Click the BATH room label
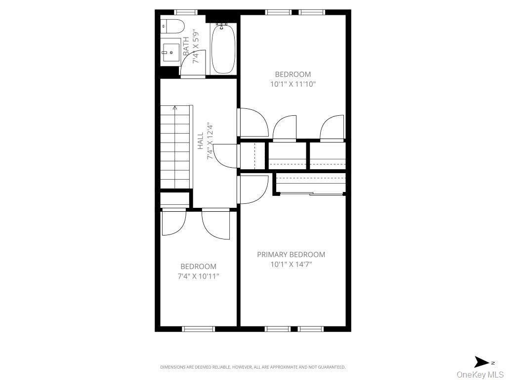coord(186,48)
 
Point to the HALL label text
coord(200,141)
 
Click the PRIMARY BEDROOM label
coord(291,254)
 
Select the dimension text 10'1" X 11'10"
coord(293,84)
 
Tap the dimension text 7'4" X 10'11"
coord(198,276)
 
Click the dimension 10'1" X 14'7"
coord(291,264)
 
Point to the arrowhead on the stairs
coord(175,107)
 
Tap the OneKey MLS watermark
coord(479,374)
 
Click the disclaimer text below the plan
coord(253,367)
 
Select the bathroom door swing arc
coord(192,64)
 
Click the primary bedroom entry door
coord(253,189)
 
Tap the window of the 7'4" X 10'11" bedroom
coord(198,329)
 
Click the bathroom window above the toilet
coord(186,12)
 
